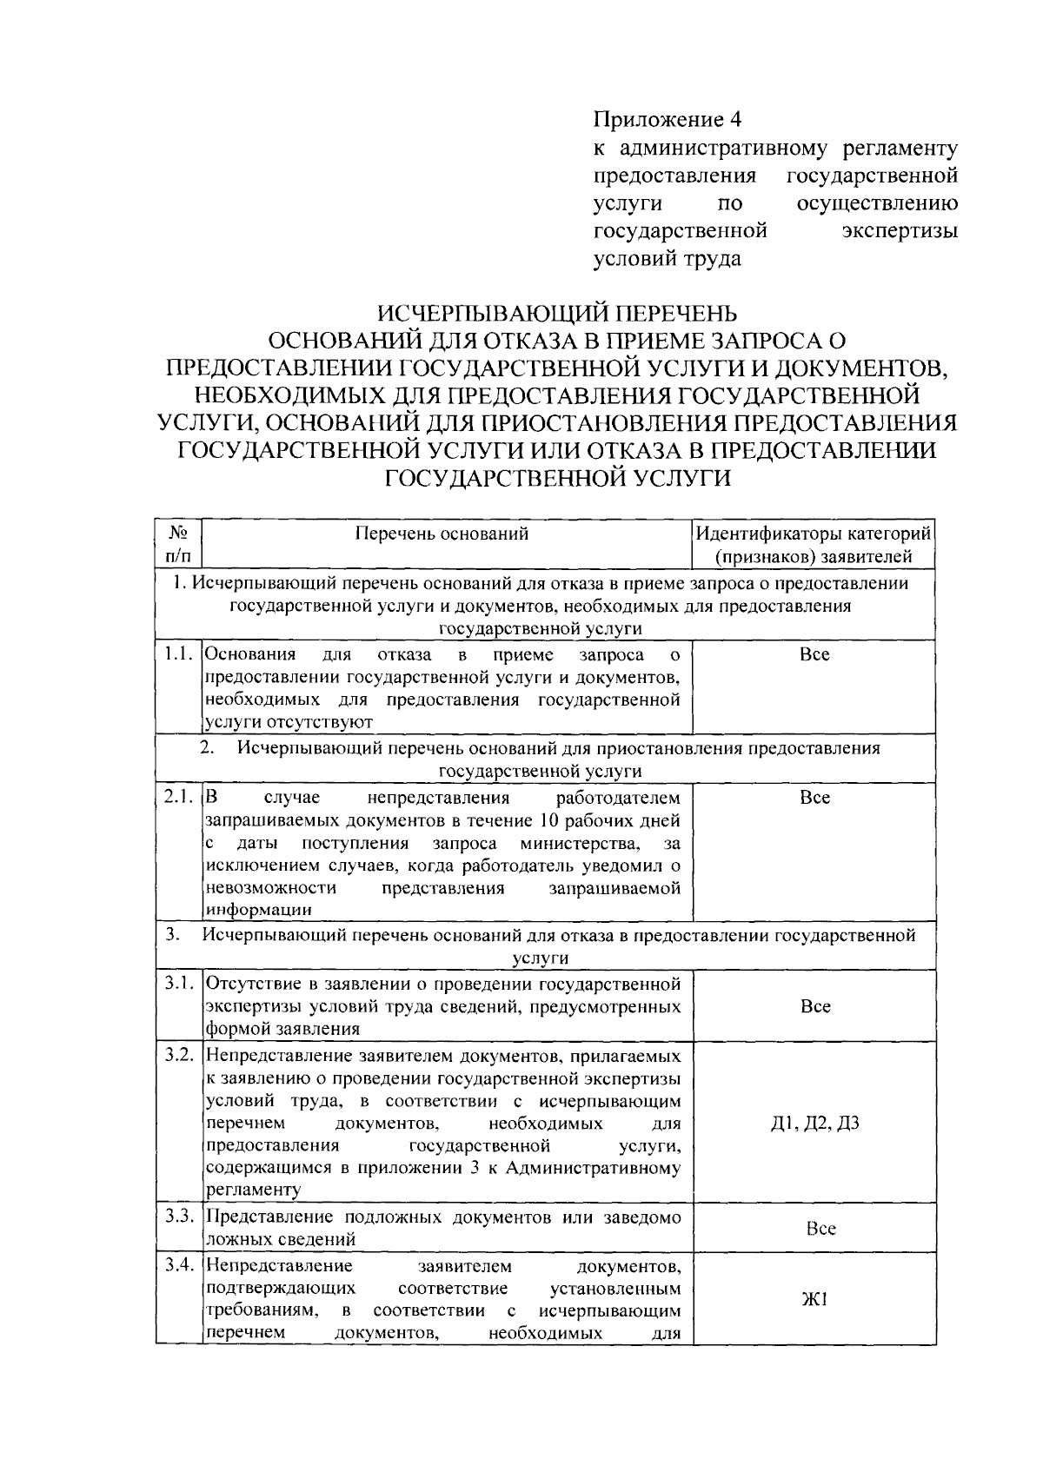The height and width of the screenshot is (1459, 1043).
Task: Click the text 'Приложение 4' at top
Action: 668,118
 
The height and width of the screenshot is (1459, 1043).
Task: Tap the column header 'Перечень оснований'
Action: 442,534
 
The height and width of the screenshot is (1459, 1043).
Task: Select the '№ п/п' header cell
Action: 178,543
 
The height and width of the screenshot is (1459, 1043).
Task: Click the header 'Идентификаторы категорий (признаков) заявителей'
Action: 814,544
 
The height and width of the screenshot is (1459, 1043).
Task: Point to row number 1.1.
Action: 178,653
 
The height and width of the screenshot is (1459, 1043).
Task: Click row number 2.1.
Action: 178,797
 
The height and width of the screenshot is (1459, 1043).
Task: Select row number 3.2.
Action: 178,1056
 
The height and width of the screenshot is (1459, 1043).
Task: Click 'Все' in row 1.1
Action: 814,654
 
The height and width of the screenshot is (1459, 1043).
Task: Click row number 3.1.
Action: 178,984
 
